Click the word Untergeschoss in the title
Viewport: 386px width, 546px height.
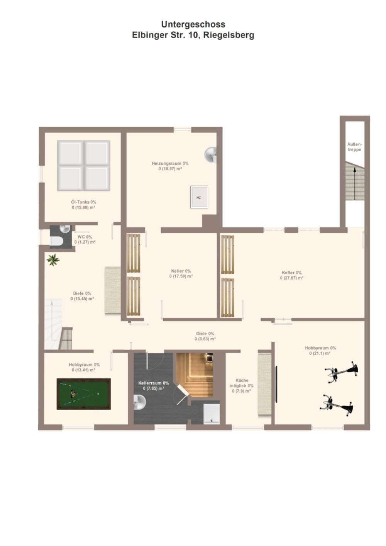tap(193, 24)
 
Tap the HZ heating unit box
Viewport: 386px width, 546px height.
tap(199, 197)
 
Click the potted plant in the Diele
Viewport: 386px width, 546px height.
tap(53, 259)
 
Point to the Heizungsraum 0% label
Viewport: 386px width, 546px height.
tap(170, 164)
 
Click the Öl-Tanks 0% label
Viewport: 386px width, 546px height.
tap(84, 202)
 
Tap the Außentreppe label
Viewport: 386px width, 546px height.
tap(355, 147)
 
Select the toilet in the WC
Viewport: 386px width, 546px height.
tap(57, 241)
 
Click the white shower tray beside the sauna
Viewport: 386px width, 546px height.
tap(212, 414)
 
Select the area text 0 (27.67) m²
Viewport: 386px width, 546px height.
tap(292, 278)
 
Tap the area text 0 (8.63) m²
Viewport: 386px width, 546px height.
tap(205, 339)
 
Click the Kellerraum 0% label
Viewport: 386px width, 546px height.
tap(154, 383)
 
